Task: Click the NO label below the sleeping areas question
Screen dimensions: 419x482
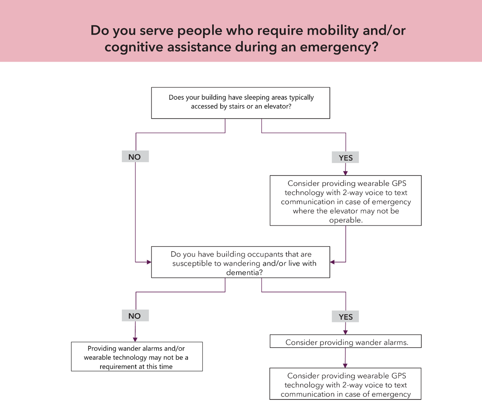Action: [x=135, y=157]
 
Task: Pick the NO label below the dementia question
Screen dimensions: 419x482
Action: [x=135, y=316]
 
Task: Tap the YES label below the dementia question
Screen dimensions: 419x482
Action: [x=345, y=317]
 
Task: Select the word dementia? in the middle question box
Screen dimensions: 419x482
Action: [x=244, y=272]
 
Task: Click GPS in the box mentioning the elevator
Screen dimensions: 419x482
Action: [x=399, y=184]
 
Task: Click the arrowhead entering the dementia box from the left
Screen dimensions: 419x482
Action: [x=149, y=262]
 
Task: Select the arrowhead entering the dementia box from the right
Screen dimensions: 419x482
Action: [x=332, y=262]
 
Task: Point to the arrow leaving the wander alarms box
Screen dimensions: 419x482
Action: [x=345, y=358]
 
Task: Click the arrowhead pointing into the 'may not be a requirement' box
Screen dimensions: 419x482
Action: [x=135, y=340]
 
